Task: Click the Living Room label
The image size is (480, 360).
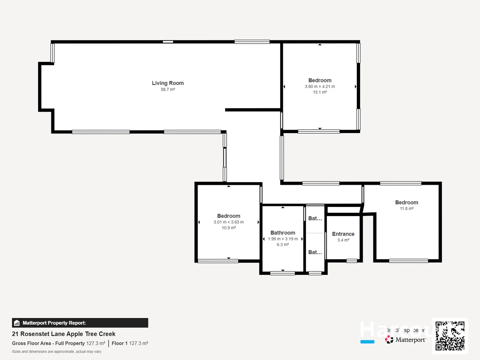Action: click(x=168, y=83)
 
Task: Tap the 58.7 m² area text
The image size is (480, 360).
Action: click(x=168, y=90)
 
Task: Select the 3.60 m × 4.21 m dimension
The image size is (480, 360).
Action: click(x=320, y=87)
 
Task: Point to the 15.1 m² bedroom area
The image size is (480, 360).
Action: click(x=320, y=92)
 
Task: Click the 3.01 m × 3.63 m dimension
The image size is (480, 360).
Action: click(x=229, y=222)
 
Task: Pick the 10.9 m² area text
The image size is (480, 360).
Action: click(x=229, y=228)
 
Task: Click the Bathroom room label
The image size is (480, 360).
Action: click(x=283, y=233)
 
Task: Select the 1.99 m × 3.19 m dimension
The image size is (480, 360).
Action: click(x=283, y=239)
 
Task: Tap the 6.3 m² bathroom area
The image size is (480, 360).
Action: click(x=283, y=245)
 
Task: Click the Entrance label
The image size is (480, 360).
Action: click(x=343, y=234)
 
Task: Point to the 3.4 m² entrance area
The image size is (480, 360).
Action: click(x=343, y=240)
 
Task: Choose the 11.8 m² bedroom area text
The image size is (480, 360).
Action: click(x=407, y=209)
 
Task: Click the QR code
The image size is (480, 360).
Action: click(x=450, y=336)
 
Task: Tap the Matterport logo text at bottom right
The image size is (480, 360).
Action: click(x=410, y=340)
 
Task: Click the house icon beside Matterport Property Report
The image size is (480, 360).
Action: click(x=17, y=323)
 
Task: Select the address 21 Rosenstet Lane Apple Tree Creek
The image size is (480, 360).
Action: click(x=64, y=334)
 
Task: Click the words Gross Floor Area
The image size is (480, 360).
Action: click(x=31, y=343)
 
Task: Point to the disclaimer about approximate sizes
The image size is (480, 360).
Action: click(x=57, y=352)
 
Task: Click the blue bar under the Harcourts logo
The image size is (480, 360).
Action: click(x=367, y=342)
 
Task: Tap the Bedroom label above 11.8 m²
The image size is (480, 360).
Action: click(x=407, y=202)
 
